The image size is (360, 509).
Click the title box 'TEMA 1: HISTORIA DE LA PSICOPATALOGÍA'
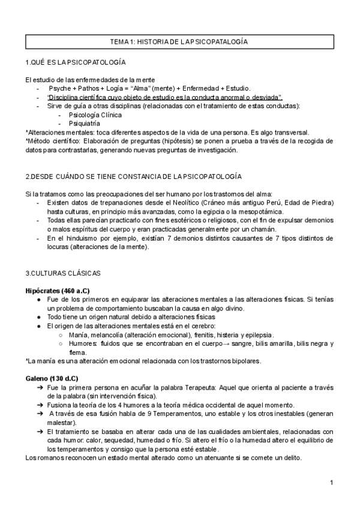coord(179,41)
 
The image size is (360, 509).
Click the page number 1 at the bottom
coord(331,483)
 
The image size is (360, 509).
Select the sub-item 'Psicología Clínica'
coord(95,115)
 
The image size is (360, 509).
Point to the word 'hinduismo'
coord(80,238)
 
